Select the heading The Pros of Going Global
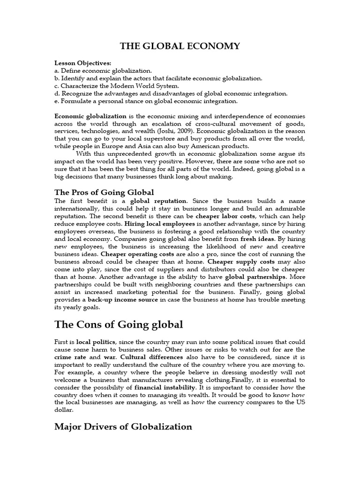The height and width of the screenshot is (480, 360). point(104,192)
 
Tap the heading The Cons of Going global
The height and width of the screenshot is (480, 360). point(119,324)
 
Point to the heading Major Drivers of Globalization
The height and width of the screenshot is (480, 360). point(123,427)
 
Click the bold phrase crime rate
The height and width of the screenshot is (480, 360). point(69,357)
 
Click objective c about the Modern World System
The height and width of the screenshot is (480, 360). point(117,86)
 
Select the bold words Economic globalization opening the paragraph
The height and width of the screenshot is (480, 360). point(90,116)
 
